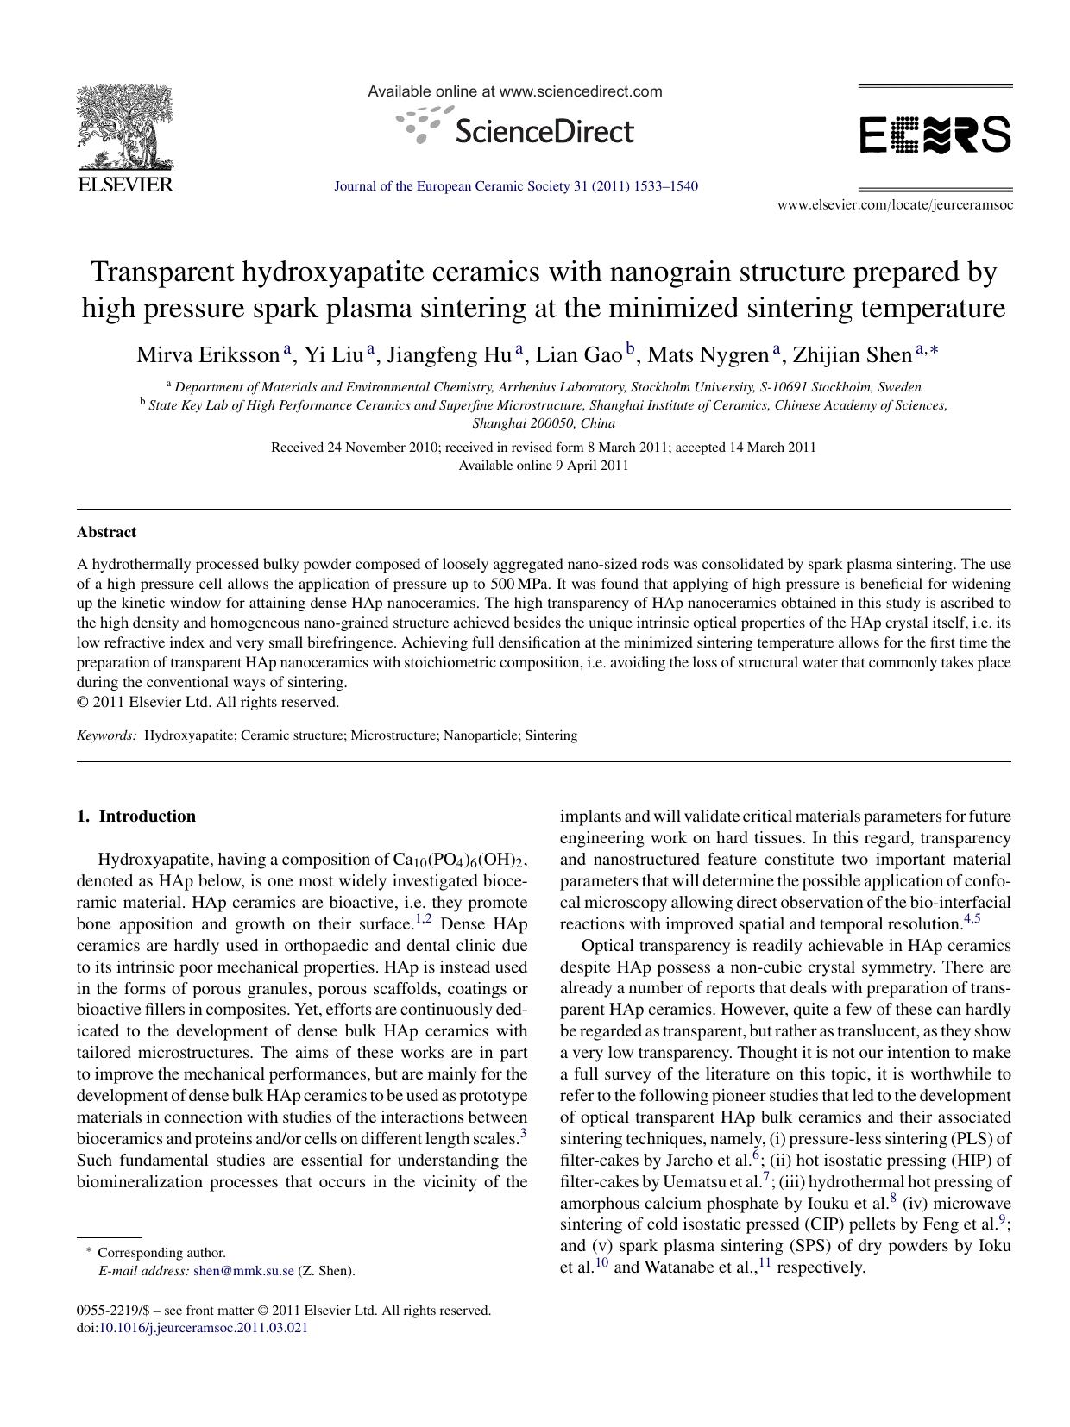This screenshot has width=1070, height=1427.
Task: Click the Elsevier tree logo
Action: (125, 128)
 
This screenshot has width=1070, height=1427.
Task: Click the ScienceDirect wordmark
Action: (542, 132)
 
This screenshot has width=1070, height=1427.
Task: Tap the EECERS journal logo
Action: (935, 135)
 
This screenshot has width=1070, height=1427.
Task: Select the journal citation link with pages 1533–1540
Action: (515, 186)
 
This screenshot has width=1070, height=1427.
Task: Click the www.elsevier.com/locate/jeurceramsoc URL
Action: (895, 205)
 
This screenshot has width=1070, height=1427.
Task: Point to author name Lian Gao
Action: (578, 355)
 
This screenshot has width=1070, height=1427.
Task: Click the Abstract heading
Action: (106, 532)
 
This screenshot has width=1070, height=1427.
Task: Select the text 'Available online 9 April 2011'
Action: (543, 466)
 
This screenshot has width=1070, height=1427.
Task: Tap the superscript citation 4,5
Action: (972, 919)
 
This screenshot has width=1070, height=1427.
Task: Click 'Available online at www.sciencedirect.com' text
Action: (515, 91)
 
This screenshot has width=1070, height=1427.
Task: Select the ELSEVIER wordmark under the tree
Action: (125, 185)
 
